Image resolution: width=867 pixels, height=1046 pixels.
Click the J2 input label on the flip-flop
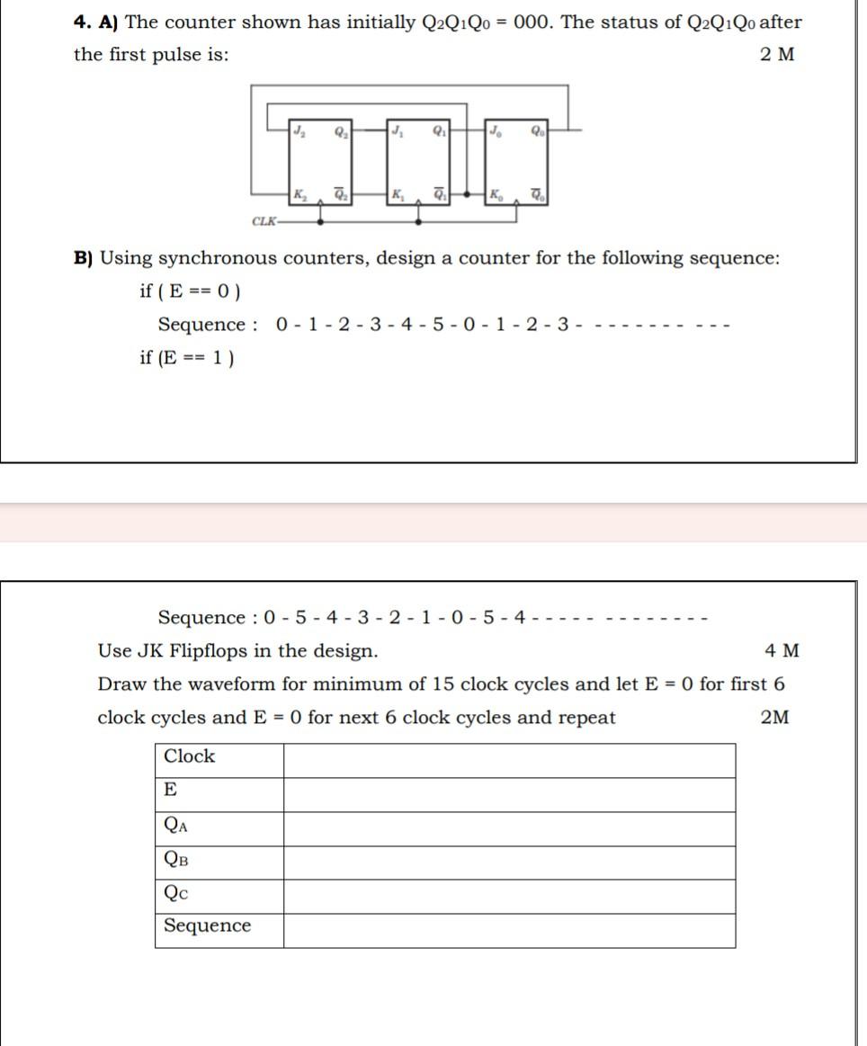coord(299,131)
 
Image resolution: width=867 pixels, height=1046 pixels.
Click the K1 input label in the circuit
coord(398,193)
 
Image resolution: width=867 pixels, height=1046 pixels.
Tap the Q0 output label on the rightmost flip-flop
coord(538,131)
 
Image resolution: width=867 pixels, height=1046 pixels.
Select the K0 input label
coord(496,193)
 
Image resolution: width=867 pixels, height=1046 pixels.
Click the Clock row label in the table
coord(189,756)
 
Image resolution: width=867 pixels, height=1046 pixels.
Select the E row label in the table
coord(170,790)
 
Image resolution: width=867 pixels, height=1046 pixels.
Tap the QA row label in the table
coord(176,825)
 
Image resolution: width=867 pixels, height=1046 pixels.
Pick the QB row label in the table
coord(176,858)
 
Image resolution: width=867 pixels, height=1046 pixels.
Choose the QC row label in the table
coord(176,892)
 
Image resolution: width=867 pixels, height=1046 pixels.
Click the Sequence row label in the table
coord(207,925)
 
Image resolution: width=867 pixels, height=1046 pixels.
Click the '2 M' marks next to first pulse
coord(777,54)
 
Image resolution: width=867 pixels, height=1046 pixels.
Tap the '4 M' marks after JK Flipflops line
coord(781,650)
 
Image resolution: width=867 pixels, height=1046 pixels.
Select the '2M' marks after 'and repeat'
coord(774,718)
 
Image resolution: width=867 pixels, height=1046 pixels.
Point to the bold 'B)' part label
coord(84,259)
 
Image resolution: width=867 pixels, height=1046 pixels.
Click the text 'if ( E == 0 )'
coord(190,291)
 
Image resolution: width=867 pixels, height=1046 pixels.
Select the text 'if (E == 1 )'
coord(187,358)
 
